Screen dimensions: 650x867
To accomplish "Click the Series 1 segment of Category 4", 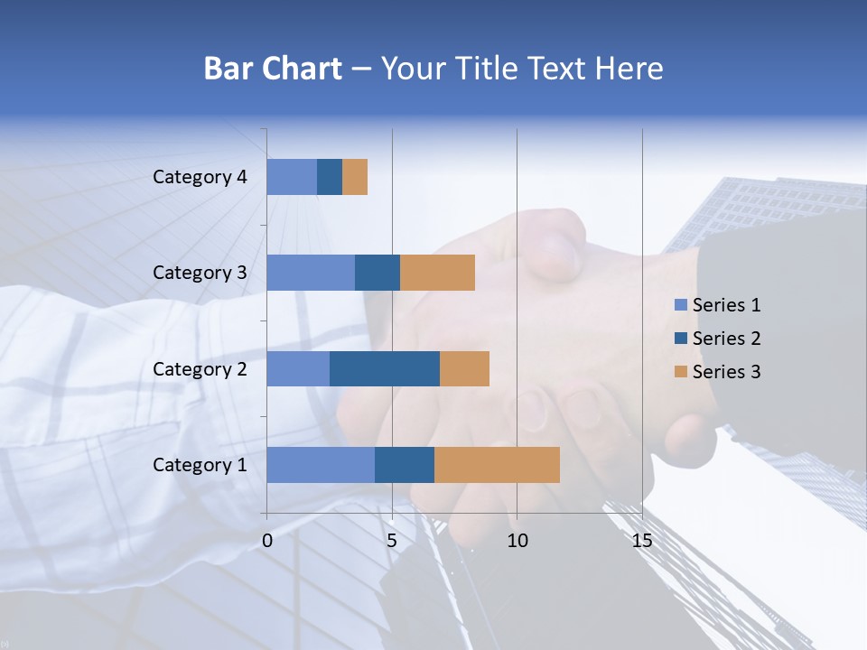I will pyautogui.click(x=292, y=177).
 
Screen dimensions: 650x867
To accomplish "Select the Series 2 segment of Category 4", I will pyautogui.click(x=330, y=177).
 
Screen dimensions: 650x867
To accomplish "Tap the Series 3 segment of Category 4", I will pyautogui.click(x=355, y=177).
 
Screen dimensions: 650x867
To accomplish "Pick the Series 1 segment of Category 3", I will pyautogui.click(x=311, y=273).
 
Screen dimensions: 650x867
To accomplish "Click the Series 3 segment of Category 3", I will pyautogui.click(x=437, y=273).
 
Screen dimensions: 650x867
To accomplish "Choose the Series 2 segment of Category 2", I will pyautogui.click(x=385, y=368).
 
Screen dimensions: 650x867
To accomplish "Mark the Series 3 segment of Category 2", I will pyautogui.click(x=464, y=368).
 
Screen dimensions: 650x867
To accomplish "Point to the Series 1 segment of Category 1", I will pyautogui.click(x=321, y=465).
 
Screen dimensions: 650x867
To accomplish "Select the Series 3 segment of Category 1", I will pyautogui.click(x=497, y=465).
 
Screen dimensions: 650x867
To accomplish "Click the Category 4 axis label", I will pyautogui.click(x=200, y=177).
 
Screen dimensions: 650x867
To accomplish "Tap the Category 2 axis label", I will pyautogui.click(x=200, y=368).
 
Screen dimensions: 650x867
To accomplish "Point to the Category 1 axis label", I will pyautogui.click(x=200, y=465).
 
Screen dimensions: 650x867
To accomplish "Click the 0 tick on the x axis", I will pyautogui.click(x=267, y=541).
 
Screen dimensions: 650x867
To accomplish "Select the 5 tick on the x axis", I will pyautogui.click(x=392, y=541).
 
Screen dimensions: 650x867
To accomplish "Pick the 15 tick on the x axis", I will pyautogui.click(x=642, y=541).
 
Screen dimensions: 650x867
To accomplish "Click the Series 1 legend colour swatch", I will pyautogui.click(x=681, y=305).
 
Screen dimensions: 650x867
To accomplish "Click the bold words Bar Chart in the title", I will pyautogui.click(x=273, y=69).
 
